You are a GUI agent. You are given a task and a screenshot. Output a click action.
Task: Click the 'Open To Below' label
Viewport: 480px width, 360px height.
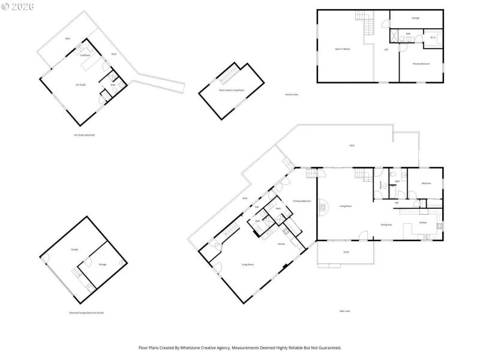[342, 49]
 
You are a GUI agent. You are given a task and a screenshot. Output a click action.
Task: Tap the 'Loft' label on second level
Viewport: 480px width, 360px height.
[385, 49]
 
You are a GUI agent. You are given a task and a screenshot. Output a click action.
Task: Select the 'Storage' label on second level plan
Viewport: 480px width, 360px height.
[415, 18]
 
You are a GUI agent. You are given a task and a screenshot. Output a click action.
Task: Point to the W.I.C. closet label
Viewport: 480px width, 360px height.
[433, 37]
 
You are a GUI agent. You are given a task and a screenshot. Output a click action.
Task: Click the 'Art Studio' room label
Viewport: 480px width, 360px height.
[80, 85]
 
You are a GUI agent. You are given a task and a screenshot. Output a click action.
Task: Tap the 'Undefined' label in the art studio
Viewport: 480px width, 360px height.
[85, 55]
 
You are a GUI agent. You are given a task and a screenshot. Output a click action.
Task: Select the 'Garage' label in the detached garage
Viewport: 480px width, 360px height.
[74, 249]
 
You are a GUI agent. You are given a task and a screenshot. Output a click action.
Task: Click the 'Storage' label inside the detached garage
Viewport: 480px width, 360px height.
[103, 263]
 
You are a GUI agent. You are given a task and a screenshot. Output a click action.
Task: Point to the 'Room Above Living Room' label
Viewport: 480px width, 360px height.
[231, 89]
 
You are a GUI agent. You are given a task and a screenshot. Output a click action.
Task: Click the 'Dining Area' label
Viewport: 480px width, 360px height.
[386, 224]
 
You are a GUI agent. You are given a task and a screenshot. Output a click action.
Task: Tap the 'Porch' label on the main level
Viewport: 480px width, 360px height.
[346, 252]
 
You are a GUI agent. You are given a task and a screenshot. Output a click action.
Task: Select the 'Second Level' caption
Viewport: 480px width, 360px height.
[292, 95]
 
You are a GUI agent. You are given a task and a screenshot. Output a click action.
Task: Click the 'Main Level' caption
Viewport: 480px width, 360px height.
[344, 311]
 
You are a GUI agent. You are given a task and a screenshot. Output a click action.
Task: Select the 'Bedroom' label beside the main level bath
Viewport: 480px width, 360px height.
[426, 183]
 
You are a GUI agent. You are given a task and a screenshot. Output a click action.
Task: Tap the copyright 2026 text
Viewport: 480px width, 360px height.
[18, 7]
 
